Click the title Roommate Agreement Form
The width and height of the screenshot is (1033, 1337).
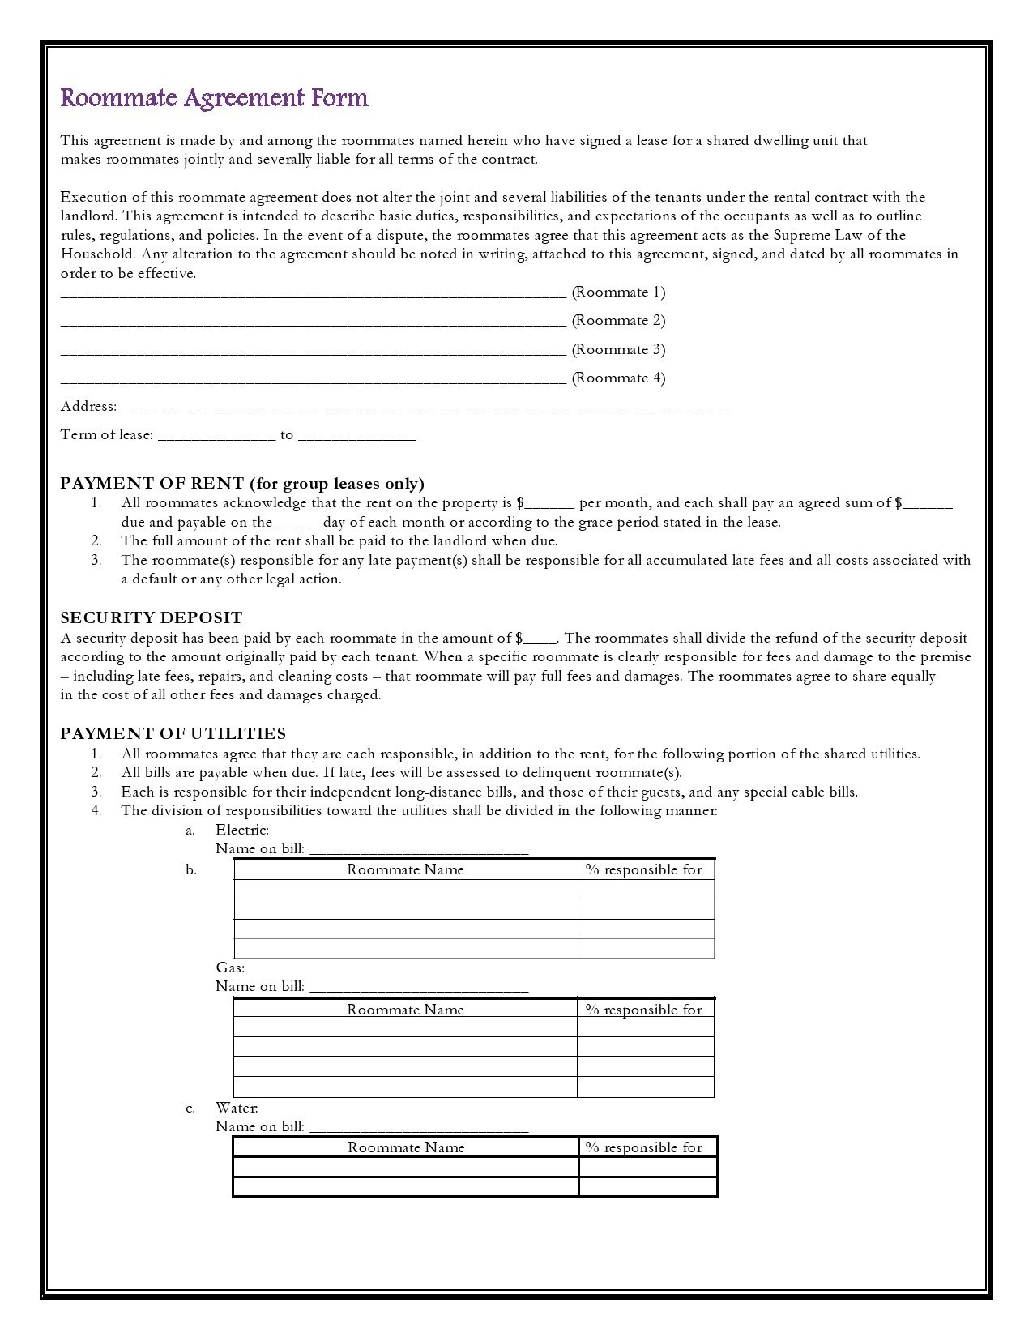point(214,98)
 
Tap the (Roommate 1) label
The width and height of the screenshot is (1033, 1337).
point(618,292)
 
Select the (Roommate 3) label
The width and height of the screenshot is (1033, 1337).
point(618,349)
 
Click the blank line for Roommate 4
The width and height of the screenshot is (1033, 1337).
point(313,378)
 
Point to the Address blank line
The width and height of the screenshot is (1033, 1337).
point(425,407)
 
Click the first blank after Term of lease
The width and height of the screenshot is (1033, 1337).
point(216,435)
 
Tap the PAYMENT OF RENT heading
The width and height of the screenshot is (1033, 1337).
point(241,484)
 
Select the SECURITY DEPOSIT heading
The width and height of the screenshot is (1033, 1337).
point(151,617)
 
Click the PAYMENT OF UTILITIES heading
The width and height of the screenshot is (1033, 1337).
point(173,733)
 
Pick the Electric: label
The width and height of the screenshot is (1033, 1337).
point(241,830)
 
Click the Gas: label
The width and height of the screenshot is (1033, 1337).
point(230,968)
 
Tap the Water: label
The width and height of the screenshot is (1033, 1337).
point(237,1108)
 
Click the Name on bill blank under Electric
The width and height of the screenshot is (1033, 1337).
point(419,849)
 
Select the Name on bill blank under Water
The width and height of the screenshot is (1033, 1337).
point(419,1127)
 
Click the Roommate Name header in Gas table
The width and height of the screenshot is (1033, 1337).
point(405,1010)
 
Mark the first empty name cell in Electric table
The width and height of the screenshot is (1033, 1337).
point(405,890)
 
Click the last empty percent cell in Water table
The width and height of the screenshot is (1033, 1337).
point(647,1187)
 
